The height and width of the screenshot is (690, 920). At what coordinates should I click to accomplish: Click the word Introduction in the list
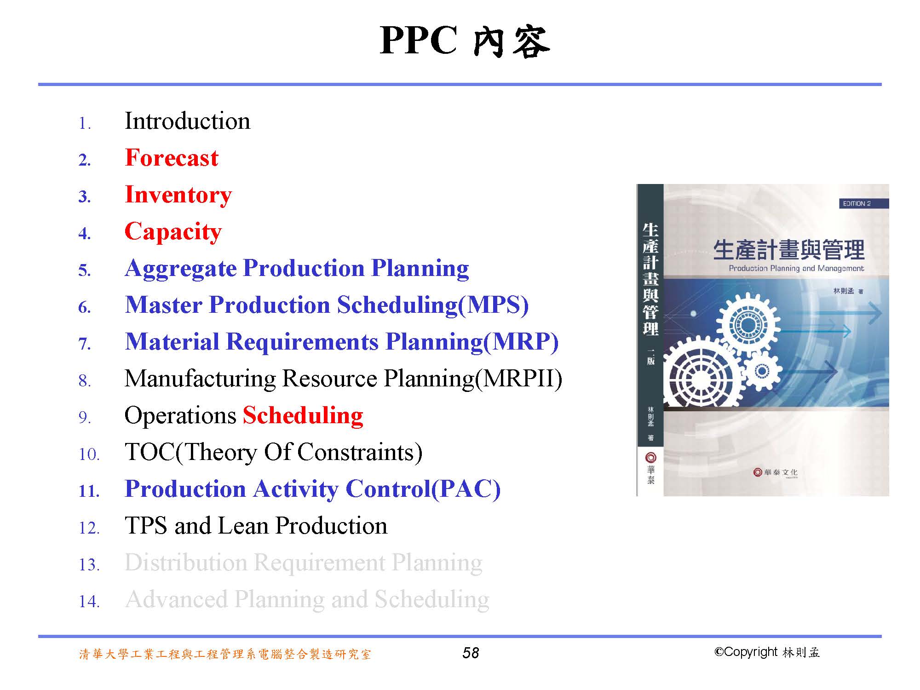pos(187,121)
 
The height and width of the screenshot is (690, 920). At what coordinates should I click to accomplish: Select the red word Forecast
pos(172,158)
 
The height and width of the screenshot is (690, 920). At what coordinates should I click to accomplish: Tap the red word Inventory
pos(178,195)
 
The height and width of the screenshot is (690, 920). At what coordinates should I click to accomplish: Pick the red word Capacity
pos(173,232)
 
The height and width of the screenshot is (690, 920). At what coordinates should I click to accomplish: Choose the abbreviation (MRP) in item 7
pos(521,342)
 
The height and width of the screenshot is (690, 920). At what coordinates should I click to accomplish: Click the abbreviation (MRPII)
pos(518,379)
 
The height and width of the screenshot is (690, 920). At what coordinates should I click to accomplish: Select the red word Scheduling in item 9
pos(303,416)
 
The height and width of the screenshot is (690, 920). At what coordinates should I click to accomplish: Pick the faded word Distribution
pos(186,563)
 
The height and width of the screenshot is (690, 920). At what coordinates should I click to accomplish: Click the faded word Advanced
pos(176,599)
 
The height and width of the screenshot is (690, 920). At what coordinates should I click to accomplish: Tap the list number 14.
pos(89,601)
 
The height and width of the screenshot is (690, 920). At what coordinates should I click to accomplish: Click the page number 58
pos(471,653)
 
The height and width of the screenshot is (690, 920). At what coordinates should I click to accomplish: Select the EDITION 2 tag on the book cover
pos(857,203)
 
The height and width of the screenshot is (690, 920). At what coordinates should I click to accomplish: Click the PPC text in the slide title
pos(419,40)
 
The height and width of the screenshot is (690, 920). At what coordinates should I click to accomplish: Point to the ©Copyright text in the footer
pos(746,652)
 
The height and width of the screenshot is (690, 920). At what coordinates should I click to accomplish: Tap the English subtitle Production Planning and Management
pos(796,268)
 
